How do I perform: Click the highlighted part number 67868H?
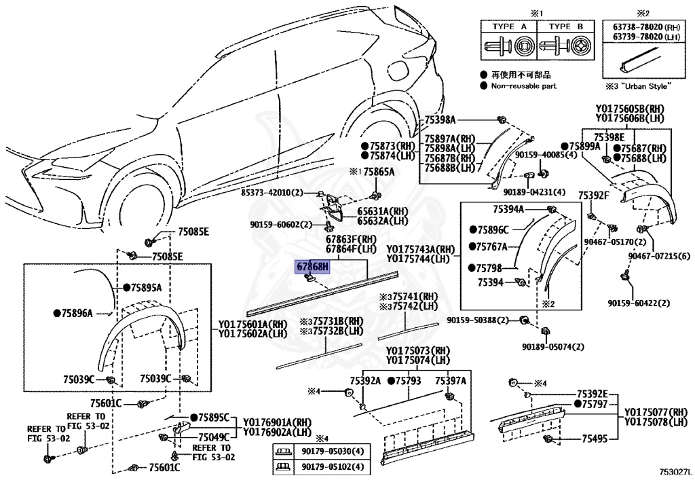click(310, 266)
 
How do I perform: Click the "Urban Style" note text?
click(642, 86)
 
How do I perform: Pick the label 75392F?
click(594, 196)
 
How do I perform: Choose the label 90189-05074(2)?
click(552, 347)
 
